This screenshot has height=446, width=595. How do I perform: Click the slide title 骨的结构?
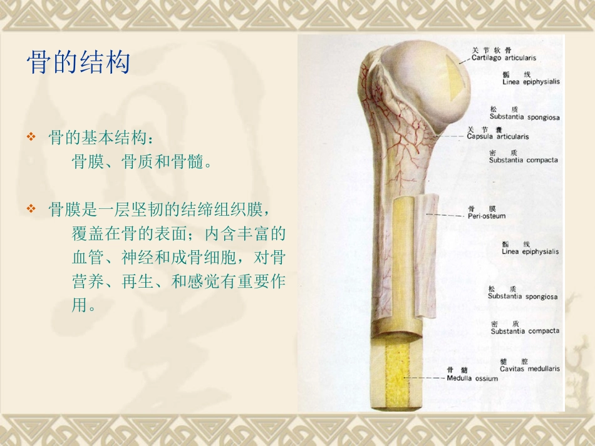78,63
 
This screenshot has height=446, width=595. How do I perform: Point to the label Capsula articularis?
498,136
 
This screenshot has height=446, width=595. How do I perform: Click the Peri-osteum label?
487,216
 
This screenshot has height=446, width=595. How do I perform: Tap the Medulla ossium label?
472,378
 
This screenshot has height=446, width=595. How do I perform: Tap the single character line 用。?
84,307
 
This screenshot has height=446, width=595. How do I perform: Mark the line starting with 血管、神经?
178,258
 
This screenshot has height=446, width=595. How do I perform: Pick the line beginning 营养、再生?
178,282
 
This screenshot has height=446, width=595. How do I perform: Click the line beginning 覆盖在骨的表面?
178,234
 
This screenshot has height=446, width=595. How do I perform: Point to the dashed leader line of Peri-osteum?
445,216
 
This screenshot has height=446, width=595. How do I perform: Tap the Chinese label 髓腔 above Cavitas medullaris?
515,361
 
